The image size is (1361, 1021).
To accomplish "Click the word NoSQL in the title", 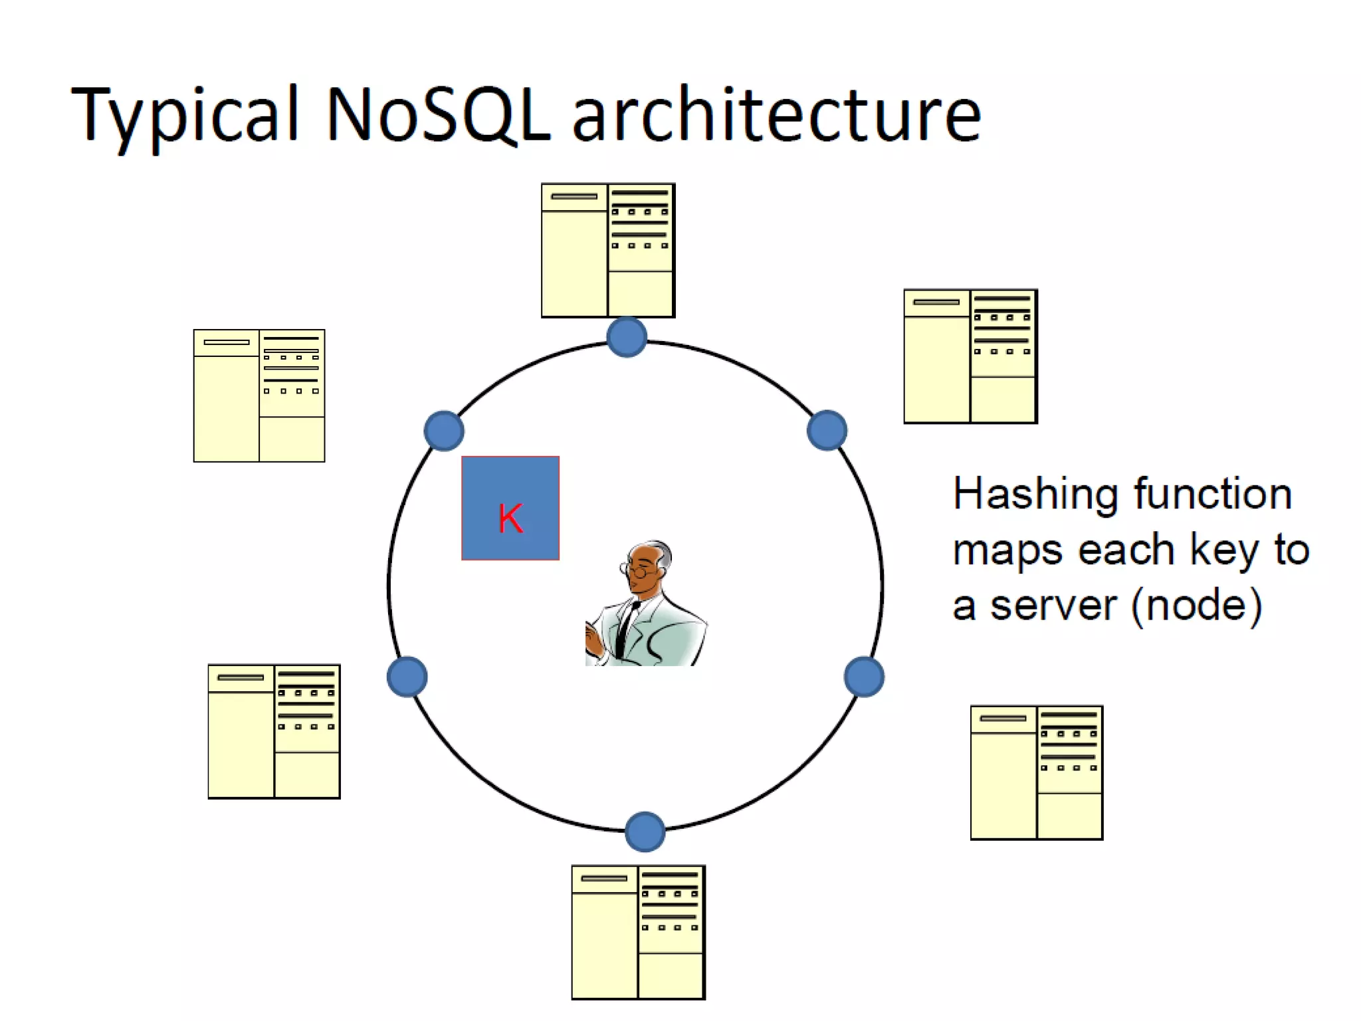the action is [437, 114].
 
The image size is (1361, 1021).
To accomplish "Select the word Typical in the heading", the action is [185, 114].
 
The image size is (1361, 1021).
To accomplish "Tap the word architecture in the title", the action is [776, 114].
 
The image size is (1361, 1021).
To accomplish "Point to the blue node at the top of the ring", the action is [627, 337].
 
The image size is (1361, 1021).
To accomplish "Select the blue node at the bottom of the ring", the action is [645, 831].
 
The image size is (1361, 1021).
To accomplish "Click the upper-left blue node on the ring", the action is [444, 431].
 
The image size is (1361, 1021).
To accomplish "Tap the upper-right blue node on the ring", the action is [827, 430].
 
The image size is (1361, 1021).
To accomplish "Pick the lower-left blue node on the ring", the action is [407, 677].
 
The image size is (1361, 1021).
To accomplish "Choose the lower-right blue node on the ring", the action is [864, 677].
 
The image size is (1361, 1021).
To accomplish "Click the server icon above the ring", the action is [608, 250].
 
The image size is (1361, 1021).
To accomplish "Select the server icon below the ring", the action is [638, 932].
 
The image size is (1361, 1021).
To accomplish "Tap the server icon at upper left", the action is [259, 396].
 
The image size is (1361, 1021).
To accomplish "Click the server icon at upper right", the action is [970, 356].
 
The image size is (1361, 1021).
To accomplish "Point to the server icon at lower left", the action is [274, 731].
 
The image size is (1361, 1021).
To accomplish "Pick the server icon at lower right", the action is [1037, 772].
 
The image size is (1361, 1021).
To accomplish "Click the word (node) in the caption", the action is [1196, 605].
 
